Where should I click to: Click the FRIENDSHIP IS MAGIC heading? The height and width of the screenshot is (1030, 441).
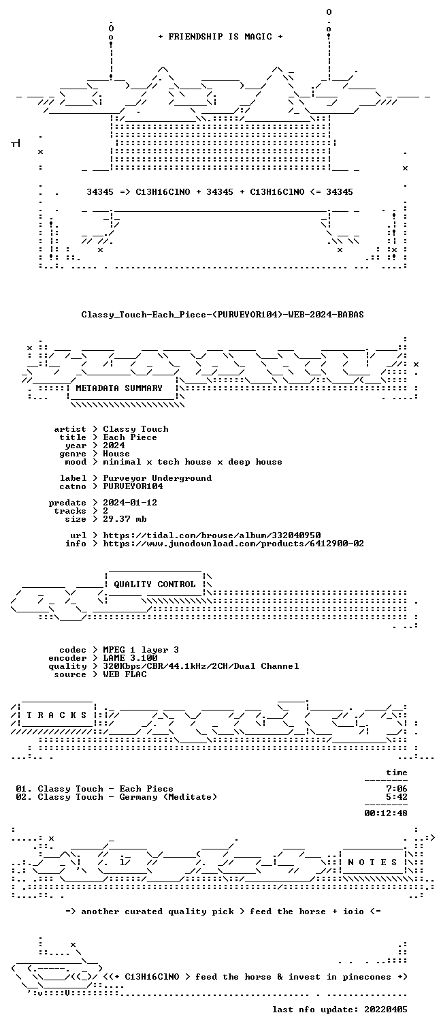(220, 37)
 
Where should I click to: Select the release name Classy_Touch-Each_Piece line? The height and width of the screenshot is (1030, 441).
(223, 315)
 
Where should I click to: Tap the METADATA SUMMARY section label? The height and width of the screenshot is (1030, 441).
(119, 388)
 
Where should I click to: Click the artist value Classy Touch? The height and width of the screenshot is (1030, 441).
(135, 429)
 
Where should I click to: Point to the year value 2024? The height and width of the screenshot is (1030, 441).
(114, 446)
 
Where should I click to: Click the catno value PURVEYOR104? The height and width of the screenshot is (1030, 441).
(133, 486)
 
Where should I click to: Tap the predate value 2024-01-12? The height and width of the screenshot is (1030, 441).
(130, 503)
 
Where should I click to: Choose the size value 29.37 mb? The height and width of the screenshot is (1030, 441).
(125, 519)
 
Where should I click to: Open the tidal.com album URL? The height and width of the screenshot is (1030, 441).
(212, 535)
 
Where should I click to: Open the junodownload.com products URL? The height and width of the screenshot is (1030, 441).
(233, 544)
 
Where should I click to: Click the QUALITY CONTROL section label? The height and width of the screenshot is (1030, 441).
(154, 584)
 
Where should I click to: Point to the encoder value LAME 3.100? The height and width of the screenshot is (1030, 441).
(130, 659)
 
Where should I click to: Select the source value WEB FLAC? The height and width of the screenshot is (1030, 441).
(125, 674)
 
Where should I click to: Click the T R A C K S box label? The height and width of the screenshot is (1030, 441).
(56, 715)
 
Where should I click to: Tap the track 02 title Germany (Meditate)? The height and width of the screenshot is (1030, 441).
(168, 797)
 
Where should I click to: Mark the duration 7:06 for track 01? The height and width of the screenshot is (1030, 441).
(397, 789)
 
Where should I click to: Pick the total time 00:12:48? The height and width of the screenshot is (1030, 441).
(386, 813)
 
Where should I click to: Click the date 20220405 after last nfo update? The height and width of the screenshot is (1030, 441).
(386, 1010)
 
